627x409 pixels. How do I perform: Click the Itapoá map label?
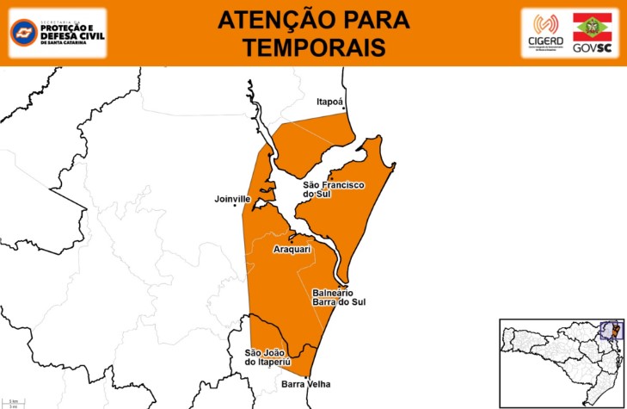point(330,102)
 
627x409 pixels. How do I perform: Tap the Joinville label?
point(232,199)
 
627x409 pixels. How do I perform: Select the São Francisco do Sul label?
point(334,189)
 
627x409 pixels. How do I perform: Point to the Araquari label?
point(290,249)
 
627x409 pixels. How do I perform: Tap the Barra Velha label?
point(304,384)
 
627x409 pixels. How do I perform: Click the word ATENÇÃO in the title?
point(271,20)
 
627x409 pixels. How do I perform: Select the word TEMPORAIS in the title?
point(313,47)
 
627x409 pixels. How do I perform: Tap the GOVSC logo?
point(592,33)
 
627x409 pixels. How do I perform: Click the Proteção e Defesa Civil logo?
point(57,32)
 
